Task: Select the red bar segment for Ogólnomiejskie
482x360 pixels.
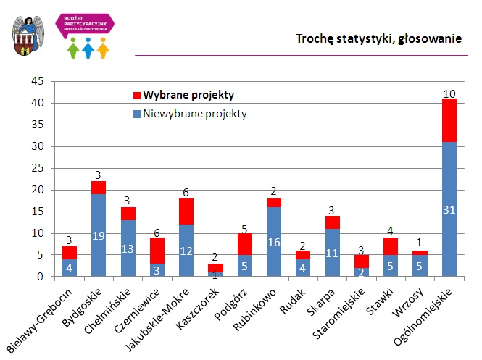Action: tap(449, 120)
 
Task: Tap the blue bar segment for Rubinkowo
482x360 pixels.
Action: tap(273, 242)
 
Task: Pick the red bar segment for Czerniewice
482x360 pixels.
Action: tap(157, 251)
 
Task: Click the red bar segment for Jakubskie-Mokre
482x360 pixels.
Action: tap(186, 212)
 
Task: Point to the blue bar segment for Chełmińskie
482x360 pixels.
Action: tap(128, 248)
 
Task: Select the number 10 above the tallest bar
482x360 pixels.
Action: tap(449, 93)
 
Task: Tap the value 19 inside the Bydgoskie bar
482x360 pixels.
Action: tap(98, 235)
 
